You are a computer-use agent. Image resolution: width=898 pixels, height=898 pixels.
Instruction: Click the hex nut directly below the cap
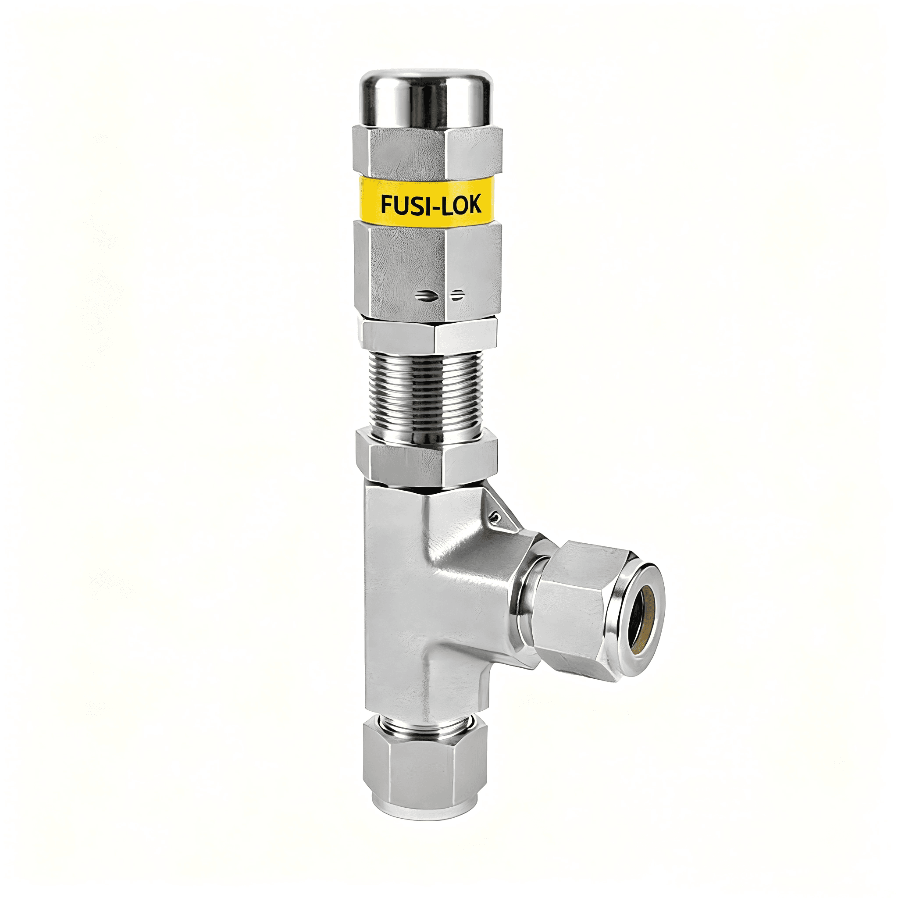(x=427, y=151)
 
